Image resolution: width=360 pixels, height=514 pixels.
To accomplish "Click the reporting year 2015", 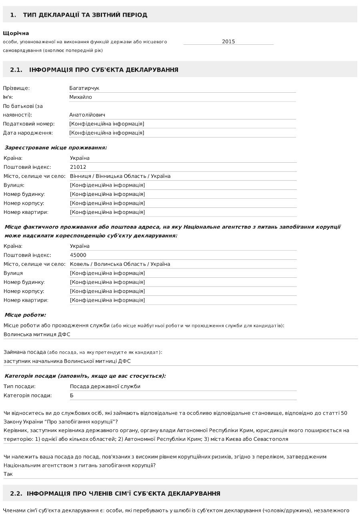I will (228, 42).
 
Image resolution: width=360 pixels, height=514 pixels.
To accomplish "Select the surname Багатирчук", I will (84, 88).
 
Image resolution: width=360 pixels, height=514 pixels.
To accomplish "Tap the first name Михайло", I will (80, 97).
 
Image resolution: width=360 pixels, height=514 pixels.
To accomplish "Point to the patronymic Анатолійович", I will (87, 115).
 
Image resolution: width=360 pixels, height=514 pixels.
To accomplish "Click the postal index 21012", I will (78, 167).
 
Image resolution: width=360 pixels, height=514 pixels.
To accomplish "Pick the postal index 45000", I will (78, 255).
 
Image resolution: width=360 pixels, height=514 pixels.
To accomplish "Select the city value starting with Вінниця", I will (120, 176).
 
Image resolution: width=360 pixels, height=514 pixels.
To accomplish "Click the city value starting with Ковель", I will (120, 264).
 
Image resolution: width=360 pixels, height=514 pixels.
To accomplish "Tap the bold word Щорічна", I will (16, 33).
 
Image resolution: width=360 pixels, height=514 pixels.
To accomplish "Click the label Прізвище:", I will (16, 88).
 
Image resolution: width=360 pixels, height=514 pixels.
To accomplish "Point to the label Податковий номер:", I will (29, 124).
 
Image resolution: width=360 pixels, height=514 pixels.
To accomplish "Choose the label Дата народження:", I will (28, 133).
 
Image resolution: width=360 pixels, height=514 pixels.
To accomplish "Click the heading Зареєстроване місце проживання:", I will (56, 147).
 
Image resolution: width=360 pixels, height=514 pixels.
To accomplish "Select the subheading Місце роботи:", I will (25, 315).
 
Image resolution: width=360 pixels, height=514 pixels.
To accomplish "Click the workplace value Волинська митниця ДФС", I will (37, 335).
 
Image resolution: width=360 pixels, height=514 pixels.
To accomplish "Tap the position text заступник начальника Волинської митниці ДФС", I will (67, 361).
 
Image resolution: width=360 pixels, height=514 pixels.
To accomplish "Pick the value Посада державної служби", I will (105, 386).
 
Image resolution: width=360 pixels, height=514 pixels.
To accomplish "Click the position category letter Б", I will (72, 396).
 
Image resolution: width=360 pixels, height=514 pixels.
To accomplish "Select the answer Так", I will (8, 474).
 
